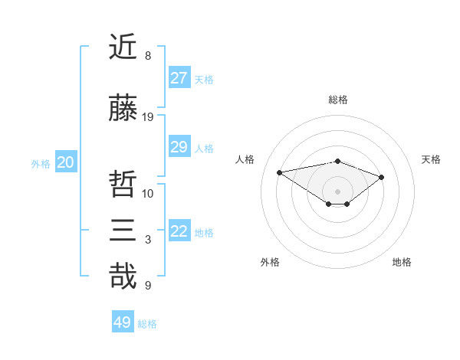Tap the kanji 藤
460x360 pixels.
coord(123,109)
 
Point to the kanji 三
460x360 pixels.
coord(123,231)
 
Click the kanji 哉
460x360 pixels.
coord(123,276)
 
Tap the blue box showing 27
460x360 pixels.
coord(179,78)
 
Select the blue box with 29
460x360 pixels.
coord(179,147)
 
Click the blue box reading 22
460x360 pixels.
coord(179,231)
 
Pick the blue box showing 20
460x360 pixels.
coord(65,162)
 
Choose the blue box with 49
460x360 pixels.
coord(122,322)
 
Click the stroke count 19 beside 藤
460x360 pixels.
coord(148,117)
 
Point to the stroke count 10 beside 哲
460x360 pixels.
coord(148,192)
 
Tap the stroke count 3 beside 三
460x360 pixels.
coord(148,240)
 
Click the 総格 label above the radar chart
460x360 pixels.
coord(337,100)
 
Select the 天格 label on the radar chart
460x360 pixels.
coord(431,159)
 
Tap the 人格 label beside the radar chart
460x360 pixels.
coord(245,159)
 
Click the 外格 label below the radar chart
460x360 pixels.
coord(270,262)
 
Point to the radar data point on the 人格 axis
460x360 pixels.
coord(280,172)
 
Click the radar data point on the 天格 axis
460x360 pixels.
coord(381,177)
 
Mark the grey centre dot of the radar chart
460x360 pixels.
coord(337,191)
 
